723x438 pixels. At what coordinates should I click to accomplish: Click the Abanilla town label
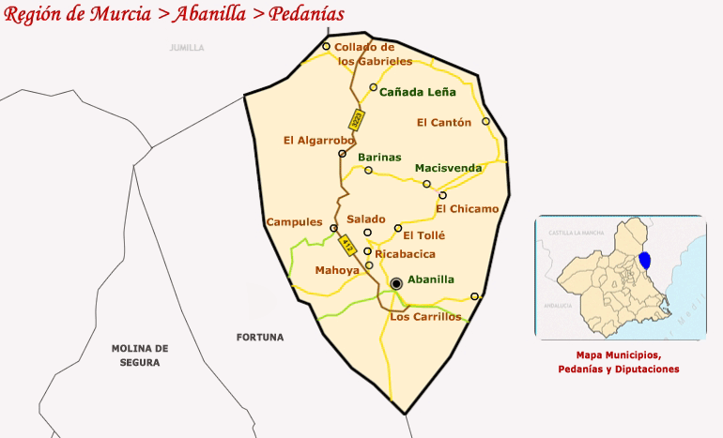(431, 279)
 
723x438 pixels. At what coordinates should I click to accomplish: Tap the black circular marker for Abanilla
(396, 282)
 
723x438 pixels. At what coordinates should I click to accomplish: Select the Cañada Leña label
(418, 92)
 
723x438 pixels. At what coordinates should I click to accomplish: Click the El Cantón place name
(444, 122)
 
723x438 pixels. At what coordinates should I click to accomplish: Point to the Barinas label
(379, 157)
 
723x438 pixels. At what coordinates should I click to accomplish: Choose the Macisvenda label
(448, 168)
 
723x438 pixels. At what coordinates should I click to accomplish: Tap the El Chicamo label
(468, 209)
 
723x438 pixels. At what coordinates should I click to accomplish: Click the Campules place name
(294, 222)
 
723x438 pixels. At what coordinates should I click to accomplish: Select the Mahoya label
(336, 270)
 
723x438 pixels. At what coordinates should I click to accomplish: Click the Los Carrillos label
(425, 316)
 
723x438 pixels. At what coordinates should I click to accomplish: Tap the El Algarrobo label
(318, 141)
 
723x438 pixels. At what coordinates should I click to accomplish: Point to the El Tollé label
(423, 234)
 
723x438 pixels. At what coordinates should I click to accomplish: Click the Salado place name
(366, 219)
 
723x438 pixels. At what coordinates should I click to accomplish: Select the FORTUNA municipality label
(260, 337)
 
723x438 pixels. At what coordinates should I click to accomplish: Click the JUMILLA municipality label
(186, 48)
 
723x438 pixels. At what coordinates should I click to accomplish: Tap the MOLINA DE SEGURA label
(139, 355)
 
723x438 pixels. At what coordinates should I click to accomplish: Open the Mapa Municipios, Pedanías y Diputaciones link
(618, 362)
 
